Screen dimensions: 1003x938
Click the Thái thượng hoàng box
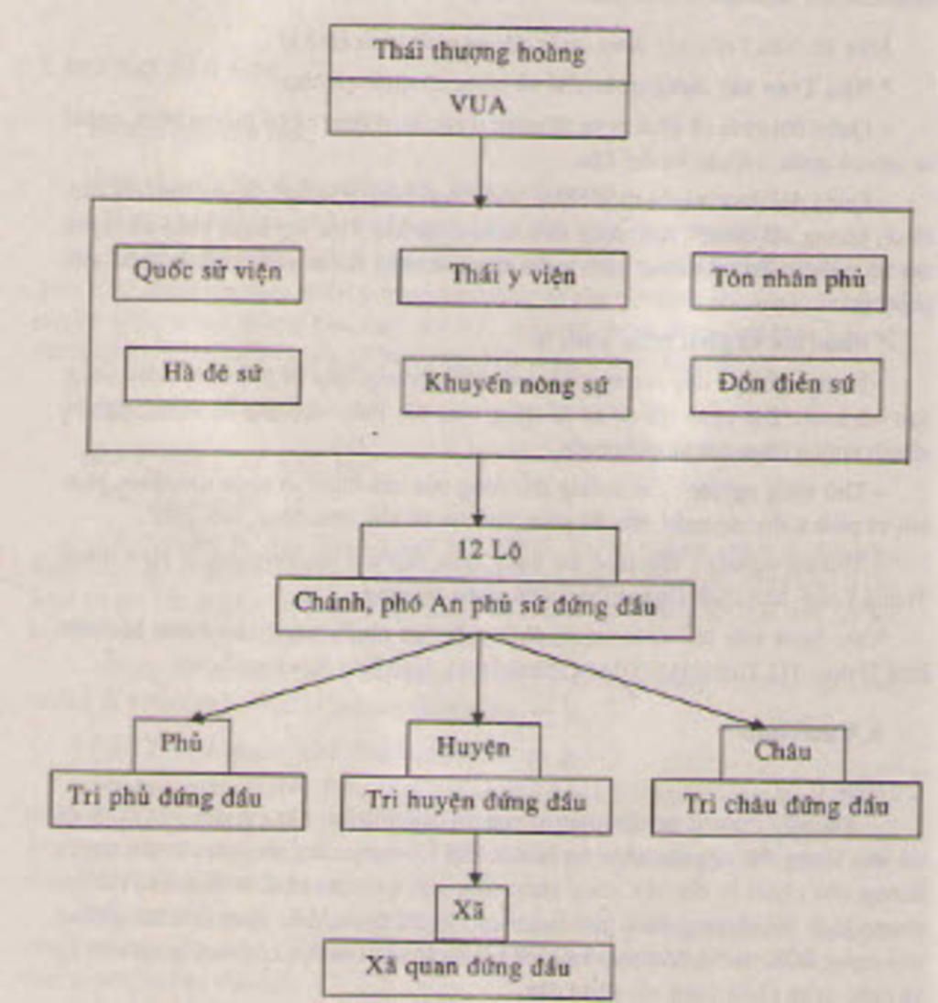click(x=478, y=53)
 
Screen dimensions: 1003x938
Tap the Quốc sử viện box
click(x=208, y=273)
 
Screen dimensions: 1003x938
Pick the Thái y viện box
click(x=512, y=277)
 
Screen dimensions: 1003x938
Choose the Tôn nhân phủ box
click(x=789, y=280)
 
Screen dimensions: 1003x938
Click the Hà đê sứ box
click(x=213, y=375)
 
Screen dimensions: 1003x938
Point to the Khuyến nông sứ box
click(x=517, y=386)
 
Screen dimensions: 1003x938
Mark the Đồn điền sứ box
click(x=786, y=386)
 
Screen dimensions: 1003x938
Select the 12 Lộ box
click(x=488, y=552)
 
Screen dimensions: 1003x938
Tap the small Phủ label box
click(x=181, y=745)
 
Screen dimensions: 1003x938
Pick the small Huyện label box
click(x=474, y=748)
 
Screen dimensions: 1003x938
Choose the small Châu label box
click(x=782, y=753)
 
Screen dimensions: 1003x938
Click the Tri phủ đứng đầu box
click(x=177, y=800)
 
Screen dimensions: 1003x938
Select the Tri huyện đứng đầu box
click(x=475, y=803)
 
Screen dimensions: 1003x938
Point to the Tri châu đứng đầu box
click(x=786, y=808)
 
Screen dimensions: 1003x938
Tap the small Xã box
click(x=471, y=912)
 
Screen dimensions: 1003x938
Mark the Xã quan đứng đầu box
click(x=468, y=969)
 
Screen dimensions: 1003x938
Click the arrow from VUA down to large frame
click(x=479, y=170)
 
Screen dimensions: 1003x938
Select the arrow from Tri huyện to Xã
click(x=474, y=857)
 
